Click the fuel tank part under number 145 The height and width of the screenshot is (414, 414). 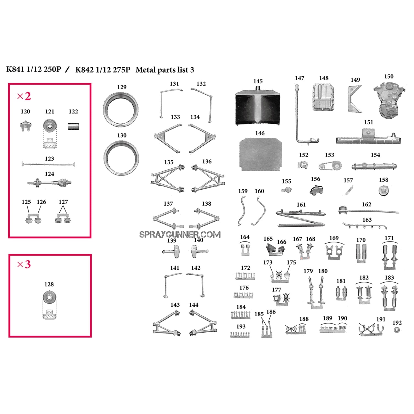(258, 107)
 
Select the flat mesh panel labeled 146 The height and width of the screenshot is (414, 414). (260, 154)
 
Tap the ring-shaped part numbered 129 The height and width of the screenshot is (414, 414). (121, 110)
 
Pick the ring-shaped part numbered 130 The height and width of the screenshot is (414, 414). (121, 157)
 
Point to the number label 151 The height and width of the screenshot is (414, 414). (368, 122)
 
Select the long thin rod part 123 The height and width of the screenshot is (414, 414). (49, 164)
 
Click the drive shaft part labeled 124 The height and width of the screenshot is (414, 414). (50, 182)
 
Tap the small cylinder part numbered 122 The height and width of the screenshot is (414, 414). (73, 126)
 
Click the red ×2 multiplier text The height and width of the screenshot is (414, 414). (24, 96)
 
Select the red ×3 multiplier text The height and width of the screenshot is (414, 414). (24, 264)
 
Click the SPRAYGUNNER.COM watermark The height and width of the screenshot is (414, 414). (180, 235)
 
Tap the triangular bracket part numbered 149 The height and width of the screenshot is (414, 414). (355, 99)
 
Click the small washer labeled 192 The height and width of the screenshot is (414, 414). (396, 330)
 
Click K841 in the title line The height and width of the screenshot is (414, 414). (15, 69)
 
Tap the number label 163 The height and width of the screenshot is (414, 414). (367, 220)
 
